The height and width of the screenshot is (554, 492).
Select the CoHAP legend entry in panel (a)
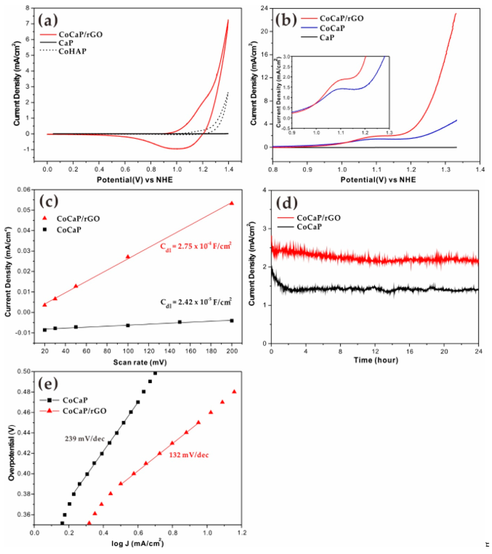[72, 51]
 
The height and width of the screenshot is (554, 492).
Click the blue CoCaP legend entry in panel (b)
[332, 28]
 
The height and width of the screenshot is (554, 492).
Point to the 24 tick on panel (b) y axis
[264, 8]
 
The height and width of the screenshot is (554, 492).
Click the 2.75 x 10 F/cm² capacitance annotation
[195, 246]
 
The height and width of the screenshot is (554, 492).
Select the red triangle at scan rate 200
[232, 203]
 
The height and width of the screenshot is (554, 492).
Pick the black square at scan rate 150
[179, 322]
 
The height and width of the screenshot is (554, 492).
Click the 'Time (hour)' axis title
[376, 360]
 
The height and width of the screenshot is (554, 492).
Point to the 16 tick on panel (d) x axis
[410, 352]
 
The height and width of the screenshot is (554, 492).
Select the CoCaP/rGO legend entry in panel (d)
[319, 218]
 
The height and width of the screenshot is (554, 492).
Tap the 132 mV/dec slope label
[189, 455]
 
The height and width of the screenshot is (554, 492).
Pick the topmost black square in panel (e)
[155, 373]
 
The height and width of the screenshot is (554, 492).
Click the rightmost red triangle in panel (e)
[234, 392]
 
